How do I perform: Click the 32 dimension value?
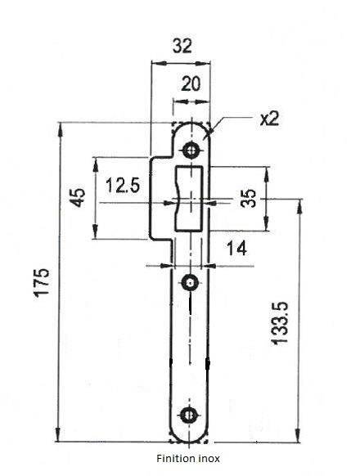click(x=182, y=46)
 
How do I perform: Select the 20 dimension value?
click(x=191, y=83)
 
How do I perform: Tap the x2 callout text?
click(x=269, y=119)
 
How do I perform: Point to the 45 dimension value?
click(x=79, y=198)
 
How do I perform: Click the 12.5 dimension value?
click(x=123, y=185)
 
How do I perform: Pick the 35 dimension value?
click(x=248, y=198)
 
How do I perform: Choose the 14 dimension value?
click(x=236, y=249)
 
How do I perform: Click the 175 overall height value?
click(x=41, y=282)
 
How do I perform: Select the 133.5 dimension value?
click(x=279, y=323)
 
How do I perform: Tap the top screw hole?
click(x=191, y=150)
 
